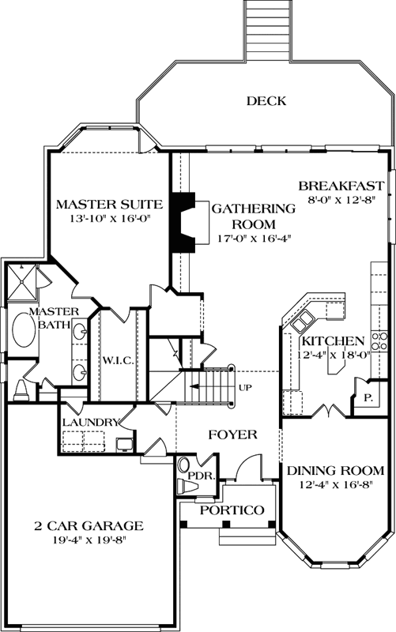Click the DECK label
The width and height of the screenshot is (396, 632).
click(x=265, y=100)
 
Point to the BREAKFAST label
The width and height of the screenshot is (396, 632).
click(x=341, y=186)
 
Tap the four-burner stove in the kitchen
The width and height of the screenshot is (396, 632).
click(x=379, y=340)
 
